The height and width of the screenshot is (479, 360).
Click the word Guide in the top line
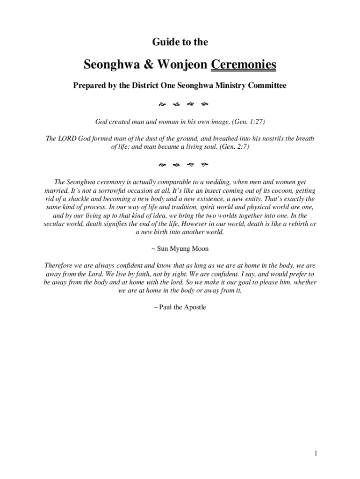coord(165,43)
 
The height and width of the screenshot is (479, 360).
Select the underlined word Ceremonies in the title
coord(243,65)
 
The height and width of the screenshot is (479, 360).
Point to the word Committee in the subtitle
coord(266,86)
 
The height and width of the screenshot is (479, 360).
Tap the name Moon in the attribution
coord(199,248)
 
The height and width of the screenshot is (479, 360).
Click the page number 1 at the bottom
coord(316,453)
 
